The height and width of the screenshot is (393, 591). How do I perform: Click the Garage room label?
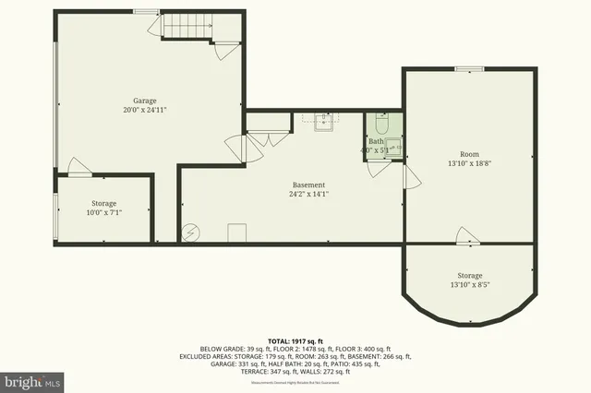coord(144,100)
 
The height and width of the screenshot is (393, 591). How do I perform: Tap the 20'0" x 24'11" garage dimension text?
coord(144,109)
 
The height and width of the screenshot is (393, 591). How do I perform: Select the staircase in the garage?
coord(184,28)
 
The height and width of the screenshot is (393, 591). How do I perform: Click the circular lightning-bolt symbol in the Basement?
coord(191,233)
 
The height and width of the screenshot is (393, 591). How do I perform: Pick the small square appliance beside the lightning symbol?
coord(236,232)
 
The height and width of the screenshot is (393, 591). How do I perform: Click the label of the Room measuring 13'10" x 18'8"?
coord(470,154)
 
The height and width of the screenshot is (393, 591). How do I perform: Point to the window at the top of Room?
coord(469,68)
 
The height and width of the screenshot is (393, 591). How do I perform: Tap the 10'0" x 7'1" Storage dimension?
coord(104,212)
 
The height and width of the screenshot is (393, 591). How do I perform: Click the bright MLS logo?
coord(32,379)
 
